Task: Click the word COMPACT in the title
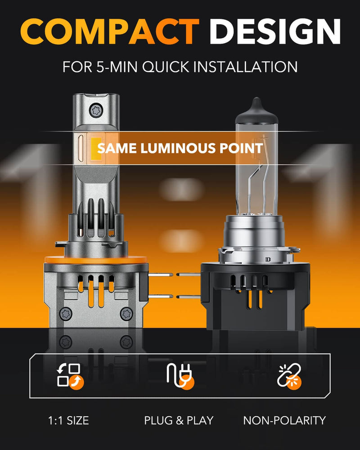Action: click(109, 32)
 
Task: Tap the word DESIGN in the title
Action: click(275, 32)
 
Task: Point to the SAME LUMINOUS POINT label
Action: click(180, 148)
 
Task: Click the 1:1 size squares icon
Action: click(68, 375)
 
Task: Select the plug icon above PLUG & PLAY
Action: click(180, 375)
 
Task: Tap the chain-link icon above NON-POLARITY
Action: click(289, 375)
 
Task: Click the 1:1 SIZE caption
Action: click(68, 421)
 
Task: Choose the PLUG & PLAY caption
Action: click(179, 421)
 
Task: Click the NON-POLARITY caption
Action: click(284, 421)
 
